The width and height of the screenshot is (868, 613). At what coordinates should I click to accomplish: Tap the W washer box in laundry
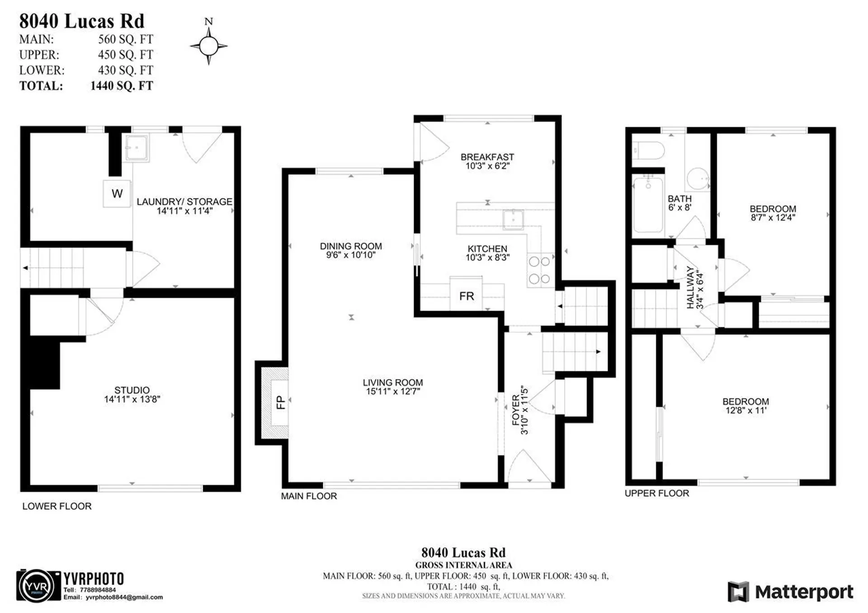117,193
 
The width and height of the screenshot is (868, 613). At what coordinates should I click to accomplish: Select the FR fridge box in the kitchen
466,296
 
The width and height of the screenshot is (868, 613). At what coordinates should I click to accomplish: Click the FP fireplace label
281,402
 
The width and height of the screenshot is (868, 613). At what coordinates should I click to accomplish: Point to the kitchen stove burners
540,270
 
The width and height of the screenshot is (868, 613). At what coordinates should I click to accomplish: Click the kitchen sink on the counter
513,220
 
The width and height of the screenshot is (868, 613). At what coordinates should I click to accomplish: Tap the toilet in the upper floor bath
648,150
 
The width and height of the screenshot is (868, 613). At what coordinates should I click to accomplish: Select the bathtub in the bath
648,205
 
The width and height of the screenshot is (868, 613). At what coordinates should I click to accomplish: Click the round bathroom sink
698,179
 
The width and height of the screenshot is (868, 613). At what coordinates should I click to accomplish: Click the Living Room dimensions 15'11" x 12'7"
393,391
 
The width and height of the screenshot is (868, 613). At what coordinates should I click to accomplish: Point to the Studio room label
132,390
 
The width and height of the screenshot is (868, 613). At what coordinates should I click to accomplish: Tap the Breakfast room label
487,157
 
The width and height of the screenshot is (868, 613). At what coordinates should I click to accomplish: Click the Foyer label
515,410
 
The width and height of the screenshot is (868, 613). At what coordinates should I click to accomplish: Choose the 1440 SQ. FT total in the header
122,86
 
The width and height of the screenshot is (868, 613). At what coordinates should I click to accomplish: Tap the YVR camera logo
38,586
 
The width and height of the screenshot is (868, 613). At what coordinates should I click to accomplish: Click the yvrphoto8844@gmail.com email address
124,597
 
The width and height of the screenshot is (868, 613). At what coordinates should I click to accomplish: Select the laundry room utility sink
136,147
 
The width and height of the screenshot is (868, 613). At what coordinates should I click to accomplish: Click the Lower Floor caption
57,506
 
